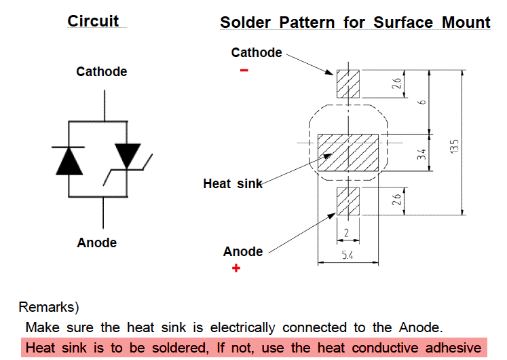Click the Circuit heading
click(x=93, y=21)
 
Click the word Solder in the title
click(x=243, y=22)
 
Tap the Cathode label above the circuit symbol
click(x=101, y=71)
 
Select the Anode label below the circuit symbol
click(x=96, y=242)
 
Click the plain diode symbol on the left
click(x=69, y=160)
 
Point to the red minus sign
click(x=244, y=69)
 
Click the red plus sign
click(x=236, y=269)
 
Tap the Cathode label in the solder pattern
click(x=257, y=52)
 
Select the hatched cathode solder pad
click(x=348, y=84)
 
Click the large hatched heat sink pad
click(x=348, y=150)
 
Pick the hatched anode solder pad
click(x=348, y=202)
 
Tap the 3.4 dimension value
click(x=421, y=153)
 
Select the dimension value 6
click(x=421, y=102)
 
